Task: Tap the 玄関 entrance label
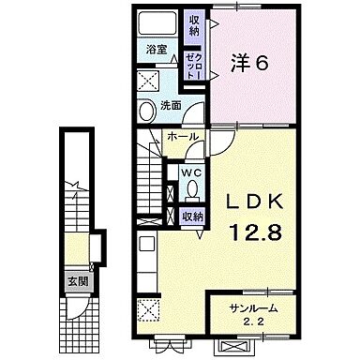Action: click(73, 280)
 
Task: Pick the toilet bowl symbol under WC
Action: click(191, 190)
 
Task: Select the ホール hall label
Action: click(182, 138)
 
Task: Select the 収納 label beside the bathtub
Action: click(193, 24)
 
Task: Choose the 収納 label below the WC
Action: click(193, 217)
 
